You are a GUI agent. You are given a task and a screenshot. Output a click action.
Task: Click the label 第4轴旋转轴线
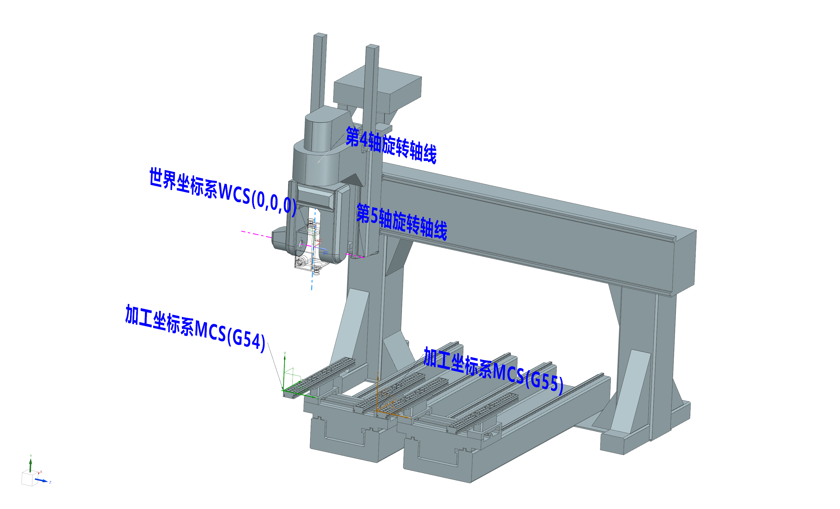391,145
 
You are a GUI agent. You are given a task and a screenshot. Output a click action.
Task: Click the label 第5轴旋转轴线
401,222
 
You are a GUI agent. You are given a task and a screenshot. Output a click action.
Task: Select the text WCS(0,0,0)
257,199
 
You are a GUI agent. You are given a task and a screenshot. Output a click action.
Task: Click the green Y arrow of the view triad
31,465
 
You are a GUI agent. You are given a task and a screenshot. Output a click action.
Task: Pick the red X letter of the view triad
41,472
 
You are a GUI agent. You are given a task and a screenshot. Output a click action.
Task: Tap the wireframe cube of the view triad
29,478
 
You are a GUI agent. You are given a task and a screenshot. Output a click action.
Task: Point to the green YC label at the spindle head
310,230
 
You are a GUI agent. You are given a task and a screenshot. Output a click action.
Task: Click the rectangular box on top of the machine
378,88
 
